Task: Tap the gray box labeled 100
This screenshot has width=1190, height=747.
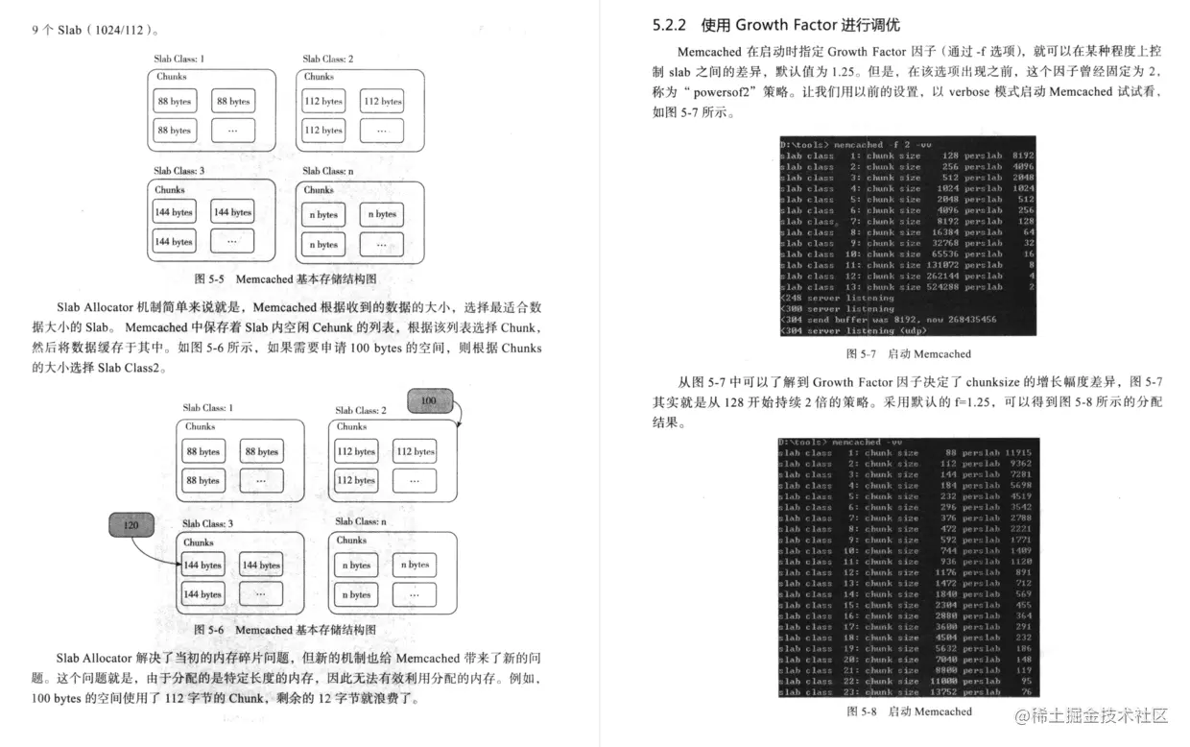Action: pos(429,399)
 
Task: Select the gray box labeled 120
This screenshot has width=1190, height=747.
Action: pos(131,525)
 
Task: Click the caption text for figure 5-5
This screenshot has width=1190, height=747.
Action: pos(285,278)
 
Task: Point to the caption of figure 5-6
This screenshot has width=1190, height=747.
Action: pos(285,630)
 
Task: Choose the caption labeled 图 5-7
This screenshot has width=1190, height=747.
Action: pos(908,354)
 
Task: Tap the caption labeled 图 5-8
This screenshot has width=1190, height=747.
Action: pos(909,711)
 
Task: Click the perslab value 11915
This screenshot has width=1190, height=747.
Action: pos(1017,453)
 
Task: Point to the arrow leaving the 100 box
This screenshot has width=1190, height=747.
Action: pos(459,415)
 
